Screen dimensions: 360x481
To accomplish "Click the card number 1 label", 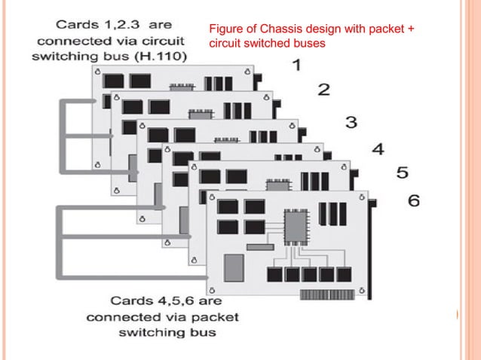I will coord(297,65).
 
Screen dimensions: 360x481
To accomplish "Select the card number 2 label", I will coord(323,90).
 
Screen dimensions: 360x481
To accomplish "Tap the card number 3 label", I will coord(351,121).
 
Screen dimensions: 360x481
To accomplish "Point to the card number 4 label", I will coord(378,148).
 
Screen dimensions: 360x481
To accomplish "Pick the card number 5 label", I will coord(403,173).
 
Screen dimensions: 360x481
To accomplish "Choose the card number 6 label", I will coord(415,200).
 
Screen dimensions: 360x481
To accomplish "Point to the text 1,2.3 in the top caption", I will coord(115,24).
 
